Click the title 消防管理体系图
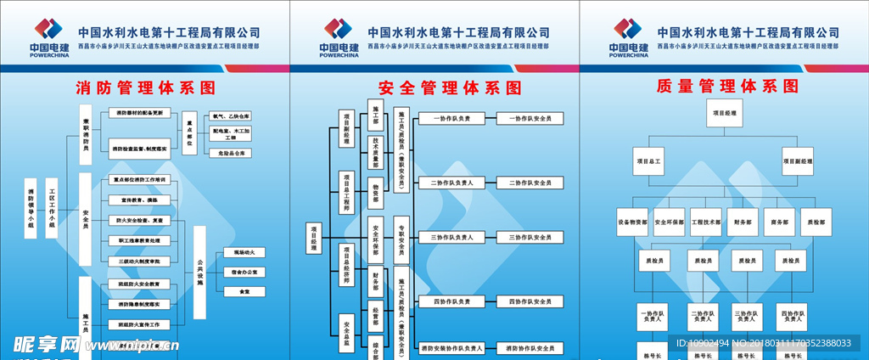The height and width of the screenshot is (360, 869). [145, 87]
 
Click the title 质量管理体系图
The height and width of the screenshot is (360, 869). [727, 87]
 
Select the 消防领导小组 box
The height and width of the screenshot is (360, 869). [31, 207]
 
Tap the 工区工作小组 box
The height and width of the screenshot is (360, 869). [52, 207]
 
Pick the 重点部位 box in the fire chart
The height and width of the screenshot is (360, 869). [189, 136]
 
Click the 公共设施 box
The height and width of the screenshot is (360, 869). [200, 272]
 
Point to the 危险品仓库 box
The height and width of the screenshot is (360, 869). [232, 154]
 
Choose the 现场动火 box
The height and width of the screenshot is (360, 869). [244, 252]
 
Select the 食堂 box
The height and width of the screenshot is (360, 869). [244, 291]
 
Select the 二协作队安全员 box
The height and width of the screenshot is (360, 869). [530, 183]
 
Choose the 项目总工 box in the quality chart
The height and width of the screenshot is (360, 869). [650, 160]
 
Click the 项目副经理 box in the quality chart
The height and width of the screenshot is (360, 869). [798, 160]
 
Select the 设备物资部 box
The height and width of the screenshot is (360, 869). [633, 222]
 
